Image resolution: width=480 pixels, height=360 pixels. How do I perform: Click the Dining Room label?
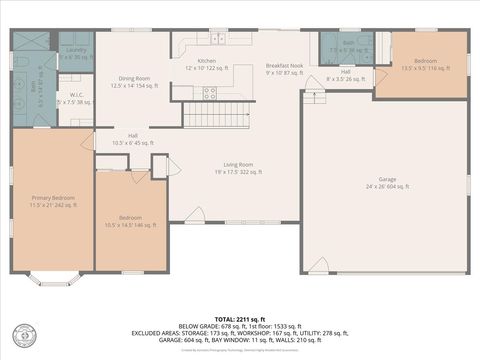click(134, 82)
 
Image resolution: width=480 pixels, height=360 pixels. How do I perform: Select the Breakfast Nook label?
click(283, 68)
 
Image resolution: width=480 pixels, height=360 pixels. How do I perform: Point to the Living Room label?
click(237, 167)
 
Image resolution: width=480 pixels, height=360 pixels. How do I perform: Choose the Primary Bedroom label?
click(53, 201)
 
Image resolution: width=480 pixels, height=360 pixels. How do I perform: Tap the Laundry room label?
click(76, 53)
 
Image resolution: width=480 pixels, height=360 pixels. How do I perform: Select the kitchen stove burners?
click(210, 92)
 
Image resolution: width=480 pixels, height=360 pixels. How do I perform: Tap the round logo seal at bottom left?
click(22, 334)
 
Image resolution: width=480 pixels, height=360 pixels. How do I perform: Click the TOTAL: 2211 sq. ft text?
click(239, 317)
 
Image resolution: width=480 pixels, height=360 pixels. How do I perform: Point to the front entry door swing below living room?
click(198, 215)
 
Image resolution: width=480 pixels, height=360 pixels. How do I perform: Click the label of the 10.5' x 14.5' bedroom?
click(131, 220)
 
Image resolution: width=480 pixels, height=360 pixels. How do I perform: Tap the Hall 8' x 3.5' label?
click(345, 75)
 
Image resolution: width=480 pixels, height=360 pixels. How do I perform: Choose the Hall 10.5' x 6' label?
click(133, 139)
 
